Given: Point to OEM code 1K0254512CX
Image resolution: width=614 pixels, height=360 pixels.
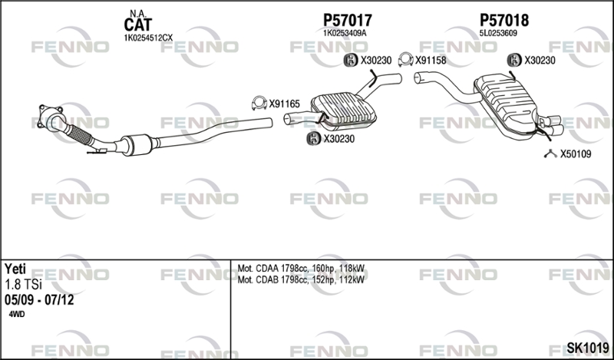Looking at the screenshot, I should pyautogui.click(x=148, y=37).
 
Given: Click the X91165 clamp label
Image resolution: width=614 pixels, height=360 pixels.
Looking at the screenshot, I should pyautogui.click(x=284, y=102).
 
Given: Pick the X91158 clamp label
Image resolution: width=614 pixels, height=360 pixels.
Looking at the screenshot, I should pyautogui.click(x=432, y=60).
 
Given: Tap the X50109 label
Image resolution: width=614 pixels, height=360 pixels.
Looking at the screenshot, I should pyautogui.click(x=576, y=154).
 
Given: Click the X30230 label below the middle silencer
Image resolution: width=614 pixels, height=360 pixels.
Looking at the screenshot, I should pyautogui.click(x=339, y=139).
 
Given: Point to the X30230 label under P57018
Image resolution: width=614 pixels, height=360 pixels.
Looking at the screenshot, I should pyautogui.click(x=540, y=60).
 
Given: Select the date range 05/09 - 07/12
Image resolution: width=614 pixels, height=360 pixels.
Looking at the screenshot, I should pyautogui.click(x=38, y=300).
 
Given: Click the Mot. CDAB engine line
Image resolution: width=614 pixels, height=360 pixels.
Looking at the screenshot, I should pyautogui.click(x=302, y=279).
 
